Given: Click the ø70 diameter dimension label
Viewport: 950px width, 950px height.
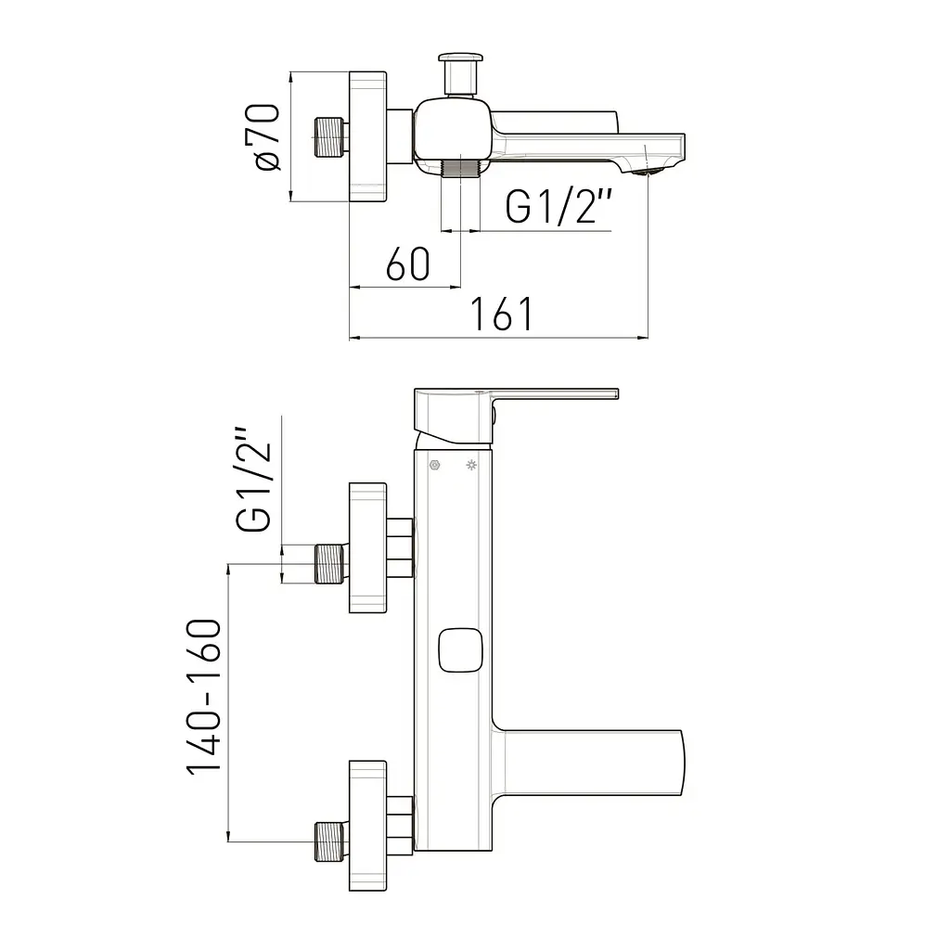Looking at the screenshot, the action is pos(263,137).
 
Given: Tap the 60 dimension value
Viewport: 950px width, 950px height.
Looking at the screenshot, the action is pos(408,264).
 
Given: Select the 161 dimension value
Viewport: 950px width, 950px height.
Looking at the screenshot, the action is pos(502,314).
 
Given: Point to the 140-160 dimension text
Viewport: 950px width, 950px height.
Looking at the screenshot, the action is pos(203,698).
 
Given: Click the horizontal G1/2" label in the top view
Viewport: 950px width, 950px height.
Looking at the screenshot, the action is pos(558,206).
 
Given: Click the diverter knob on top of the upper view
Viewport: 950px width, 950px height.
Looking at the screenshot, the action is pos(460,74).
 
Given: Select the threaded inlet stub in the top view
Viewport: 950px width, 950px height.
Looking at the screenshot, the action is pos(331,137).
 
